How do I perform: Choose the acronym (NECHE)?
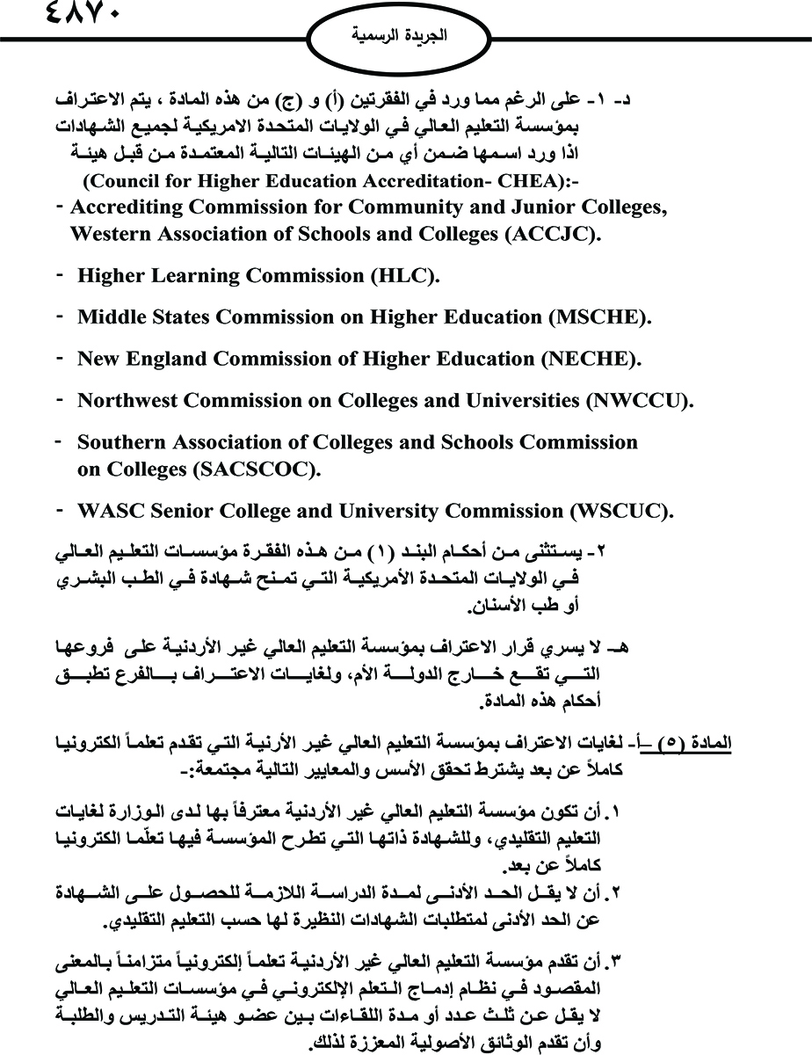coord(591,359)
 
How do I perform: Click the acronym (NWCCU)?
coord(639,400)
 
